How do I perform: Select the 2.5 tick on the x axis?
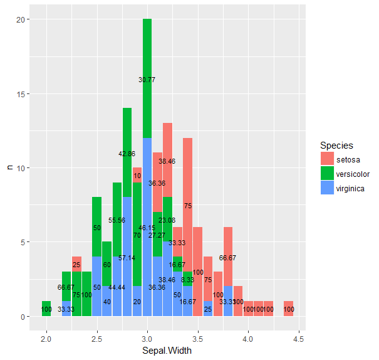pyautogui.click(x=97, y=339)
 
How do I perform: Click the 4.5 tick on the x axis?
pyautogui.click(x=299, y=339)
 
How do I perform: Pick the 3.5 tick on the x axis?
pyautogui.click(x=198, y=339)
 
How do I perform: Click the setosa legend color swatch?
pyautogui.click(x=327, y=159)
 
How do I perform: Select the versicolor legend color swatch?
pyautogui.click(x=327, y=174)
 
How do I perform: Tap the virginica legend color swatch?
pyautogui.click(x=327, y=188)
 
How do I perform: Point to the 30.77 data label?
pyautogui.click(x=147, y=80)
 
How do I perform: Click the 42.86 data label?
pyautogui.click(x=127, y=154)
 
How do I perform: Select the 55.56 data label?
pyautogui.click(x=117, y=220)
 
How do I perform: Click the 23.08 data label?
pyautogui.click(x=167, y=220)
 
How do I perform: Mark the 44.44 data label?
pyautogui.click(x=117, y=287)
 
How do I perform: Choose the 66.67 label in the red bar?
pyautogui.click(x=228, y=258)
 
